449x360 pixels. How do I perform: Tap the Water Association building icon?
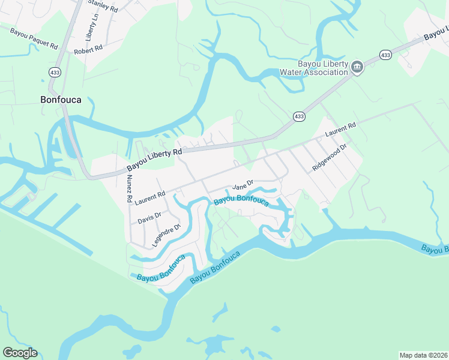point(357,67)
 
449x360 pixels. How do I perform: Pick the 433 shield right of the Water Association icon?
point(385,55)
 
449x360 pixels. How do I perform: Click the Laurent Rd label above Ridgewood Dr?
point(340,130)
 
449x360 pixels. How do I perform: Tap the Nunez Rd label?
point(129,184)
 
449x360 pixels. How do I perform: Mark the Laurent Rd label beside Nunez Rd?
point(150,196)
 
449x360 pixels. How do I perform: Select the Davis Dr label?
point(149,217)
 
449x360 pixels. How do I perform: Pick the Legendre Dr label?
point(166,235)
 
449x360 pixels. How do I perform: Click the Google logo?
point(20,353)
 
